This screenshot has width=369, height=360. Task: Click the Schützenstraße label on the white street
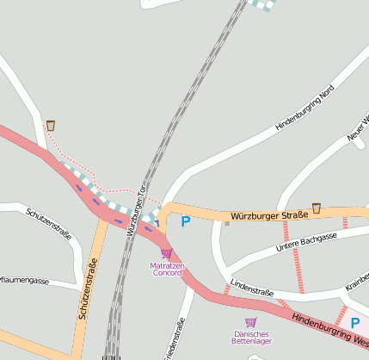[x=49, y=222]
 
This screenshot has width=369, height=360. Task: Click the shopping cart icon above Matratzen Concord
[x=166, y=254]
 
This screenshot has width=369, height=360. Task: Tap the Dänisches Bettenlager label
[x=250, y=338]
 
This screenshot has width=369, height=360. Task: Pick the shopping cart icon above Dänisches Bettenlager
[x=250, y=322]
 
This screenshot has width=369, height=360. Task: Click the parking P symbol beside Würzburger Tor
[x=185, y=221]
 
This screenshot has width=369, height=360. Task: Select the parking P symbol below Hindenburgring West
[x=354, y=323]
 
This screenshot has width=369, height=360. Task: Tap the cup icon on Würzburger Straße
[x=317, y=208]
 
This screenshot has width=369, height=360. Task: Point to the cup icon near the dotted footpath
[x=51, y=126]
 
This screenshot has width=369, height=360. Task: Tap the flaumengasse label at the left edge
[x=25, y=280]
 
